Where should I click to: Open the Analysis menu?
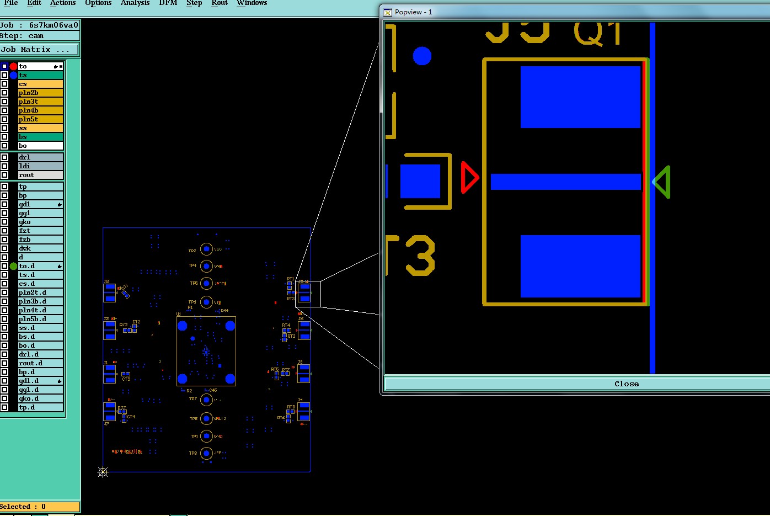(x=135, y=3)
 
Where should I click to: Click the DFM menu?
(x=168, y=3)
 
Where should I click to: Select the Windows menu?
(x=252, y=3)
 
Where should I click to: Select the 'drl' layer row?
(x=40, y=157)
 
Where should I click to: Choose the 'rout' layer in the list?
(x=40, y=175)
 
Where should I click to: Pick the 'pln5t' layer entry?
(x=40, y=119)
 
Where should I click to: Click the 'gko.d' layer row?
(x=40, y=398)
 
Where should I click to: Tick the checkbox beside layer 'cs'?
(x=4, y=84)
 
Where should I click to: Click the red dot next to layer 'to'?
(x=13, y=66)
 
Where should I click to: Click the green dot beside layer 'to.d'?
(x=13, y=266)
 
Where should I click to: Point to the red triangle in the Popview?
(x=469, y=178)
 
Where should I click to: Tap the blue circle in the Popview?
(x=422, y=56)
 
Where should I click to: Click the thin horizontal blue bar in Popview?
(x=566, y=182)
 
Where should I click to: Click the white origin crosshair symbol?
(x=103, y=472)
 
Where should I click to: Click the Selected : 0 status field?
(x=40, y=507)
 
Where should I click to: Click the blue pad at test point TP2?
(x=206, y=249)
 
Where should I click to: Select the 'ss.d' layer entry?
(x=40, y=328)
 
